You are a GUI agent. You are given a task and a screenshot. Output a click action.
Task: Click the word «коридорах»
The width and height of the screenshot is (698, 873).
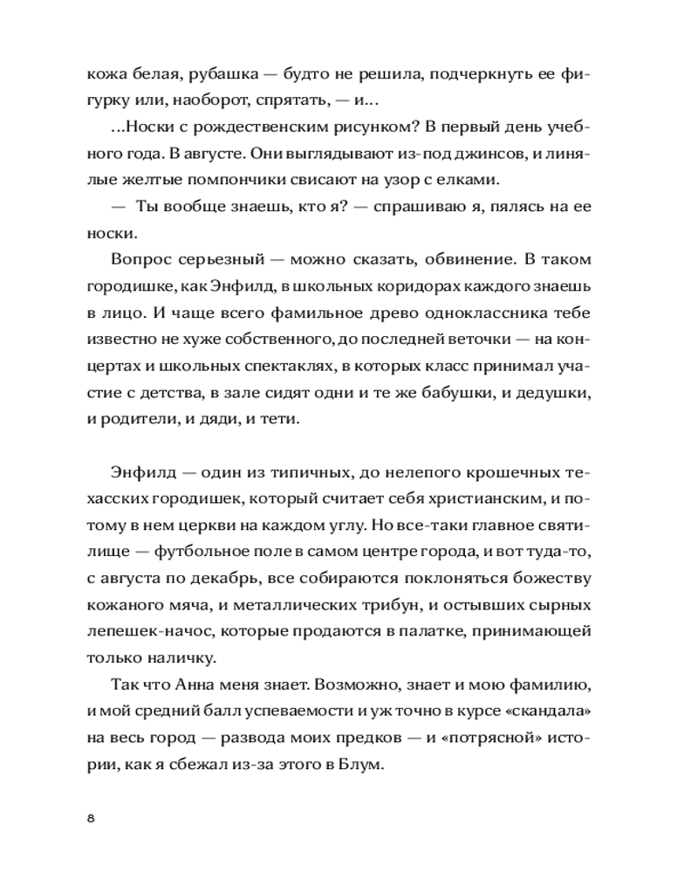pos(373,285)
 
